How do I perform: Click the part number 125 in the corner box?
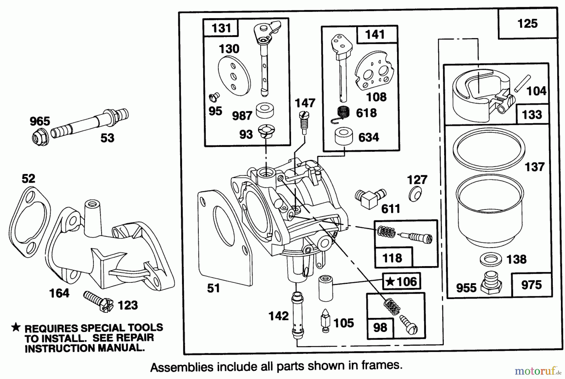tap(527, 24)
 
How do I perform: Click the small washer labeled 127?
tap(415, 195)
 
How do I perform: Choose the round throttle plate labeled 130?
tap(234, 77)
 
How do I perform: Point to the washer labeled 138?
tap(491, 260)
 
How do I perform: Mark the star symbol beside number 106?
tap(390, 282)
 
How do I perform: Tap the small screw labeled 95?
tap(214, 97)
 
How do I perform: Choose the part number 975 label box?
tap(531, 285)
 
